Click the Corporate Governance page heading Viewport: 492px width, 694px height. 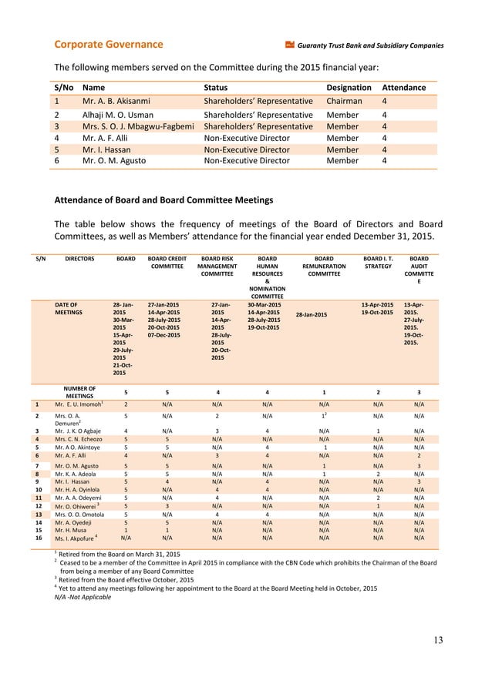coord(108,45)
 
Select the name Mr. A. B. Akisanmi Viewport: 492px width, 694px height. coord(116,101)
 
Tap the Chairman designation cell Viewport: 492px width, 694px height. coord(345,101)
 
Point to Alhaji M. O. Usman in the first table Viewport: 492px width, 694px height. coord(119,114)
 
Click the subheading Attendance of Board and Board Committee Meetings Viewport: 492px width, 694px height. coord(163,200)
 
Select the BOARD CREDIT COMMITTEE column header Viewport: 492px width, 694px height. coord(167,265)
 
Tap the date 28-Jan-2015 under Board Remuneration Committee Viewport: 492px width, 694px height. coord(311,314)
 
